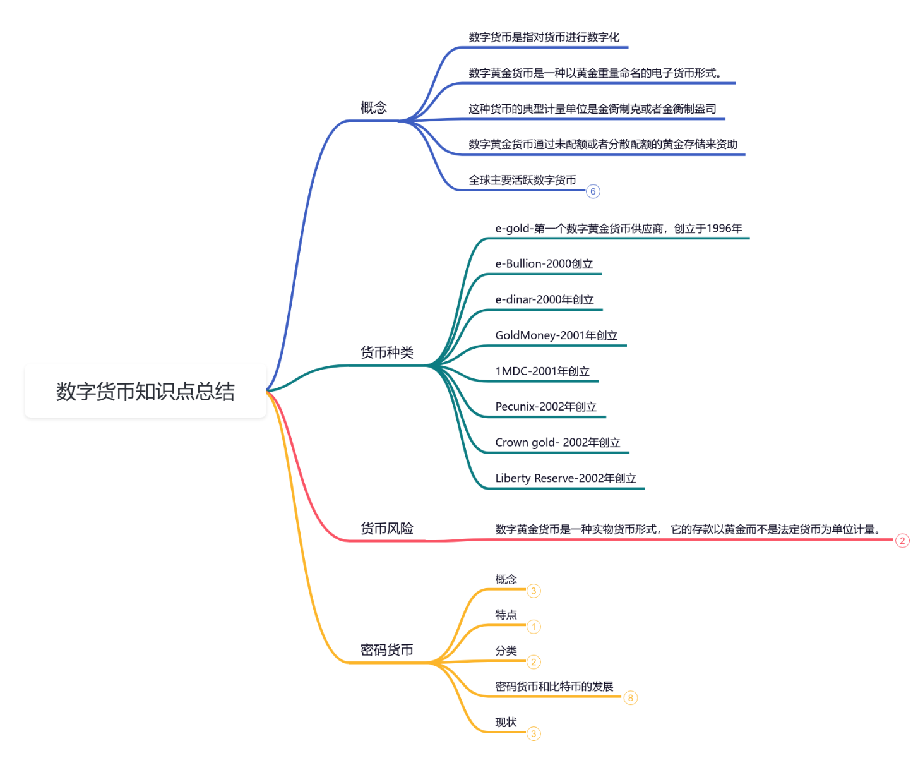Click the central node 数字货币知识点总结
pos(145,391)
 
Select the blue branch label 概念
pos(374,107)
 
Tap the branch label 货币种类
pos(386,352)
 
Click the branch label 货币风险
pos(386,528)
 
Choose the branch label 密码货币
pos(386,649)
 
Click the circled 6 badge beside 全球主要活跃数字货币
pos(593,191)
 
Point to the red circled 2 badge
pos(902,541)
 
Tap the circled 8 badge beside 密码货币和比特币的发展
pos(630,698)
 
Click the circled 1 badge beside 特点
pos(534,627)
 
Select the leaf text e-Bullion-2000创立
pos(544,264)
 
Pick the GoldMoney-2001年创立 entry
pos(556,335)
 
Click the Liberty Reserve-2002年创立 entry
pos(565,478)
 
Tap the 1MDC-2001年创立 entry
pos(542,371)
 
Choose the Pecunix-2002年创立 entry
pos(545,407)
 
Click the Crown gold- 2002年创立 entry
pos(557,443)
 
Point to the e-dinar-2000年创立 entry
pos(544,300)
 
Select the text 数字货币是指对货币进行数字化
pos(544,37)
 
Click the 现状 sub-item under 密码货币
pos(506,722)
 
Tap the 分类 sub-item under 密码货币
pos(506,651)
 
